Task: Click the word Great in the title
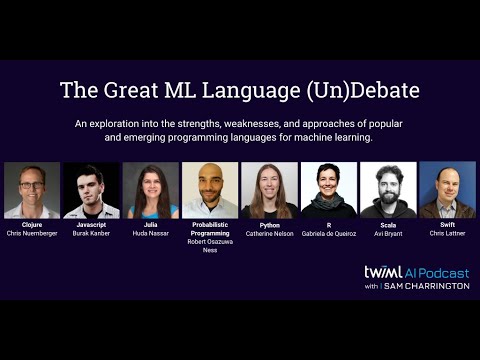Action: [125, 90]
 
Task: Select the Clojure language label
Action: [31, 226]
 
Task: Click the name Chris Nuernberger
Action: [31, 234]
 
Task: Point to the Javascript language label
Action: [91, 226]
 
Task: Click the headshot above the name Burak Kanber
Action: [91, 190]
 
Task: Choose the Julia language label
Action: [151, 226]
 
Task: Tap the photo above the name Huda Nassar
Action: [151, 190]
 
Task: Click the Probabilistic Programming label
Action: [210, 229]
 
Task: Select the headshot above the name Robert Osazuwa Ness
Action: [210, 190]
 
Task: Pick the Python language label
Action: [270, 226]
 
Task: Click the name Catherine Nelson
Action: [270, 234]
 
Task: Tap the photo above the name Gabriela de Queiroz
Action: [329, 190]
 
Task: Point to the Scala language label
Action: [388, 226]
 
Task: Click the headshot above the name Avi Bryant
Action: [388, 190]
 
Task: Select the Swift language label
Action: [447, 225]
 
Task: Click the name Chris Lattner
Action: [447, 233]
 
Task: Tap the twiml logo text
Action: [383, 272]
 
